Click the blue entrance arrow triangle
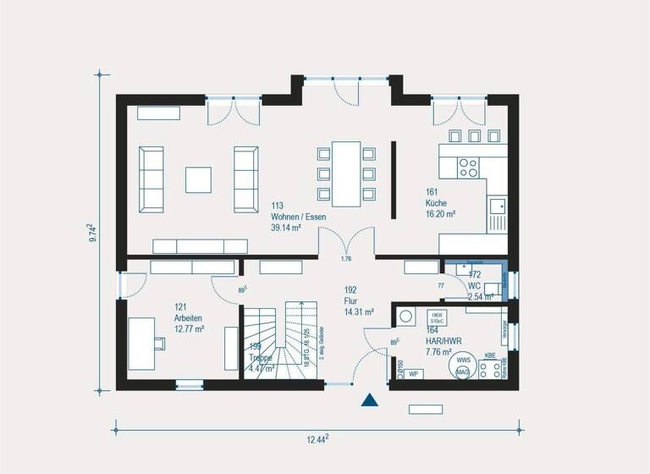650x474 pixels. pyautogui.click(x=369, y=400)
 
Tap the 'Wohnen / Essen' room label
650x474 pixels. pyautogui.click(x=298, y=217)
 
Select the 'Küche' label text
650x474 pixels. pyautogui.click(x=436, y=204)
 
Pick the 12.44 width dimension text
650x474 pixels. pyautogui.click(x=317, y=438)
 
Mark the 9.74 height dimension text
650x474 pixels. pyautogui.click(x=92, y=234)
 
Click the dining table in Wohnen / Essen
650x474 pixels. pyautogui.click(x=345, y=174)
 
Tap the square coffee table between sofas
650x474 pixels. pyautogui.click(x=200, y=179)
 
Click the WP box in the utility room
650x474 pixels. pyautogui.click(x=414, y=373)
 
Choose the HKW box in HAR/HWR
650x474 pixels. pyautogui.click(x=438, y=318)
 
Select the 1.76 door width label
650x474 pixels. pyautogui.click(x=345, y=259)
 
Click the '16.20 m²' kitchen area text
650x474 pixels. pyautogui.click(x=441, y=215)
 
